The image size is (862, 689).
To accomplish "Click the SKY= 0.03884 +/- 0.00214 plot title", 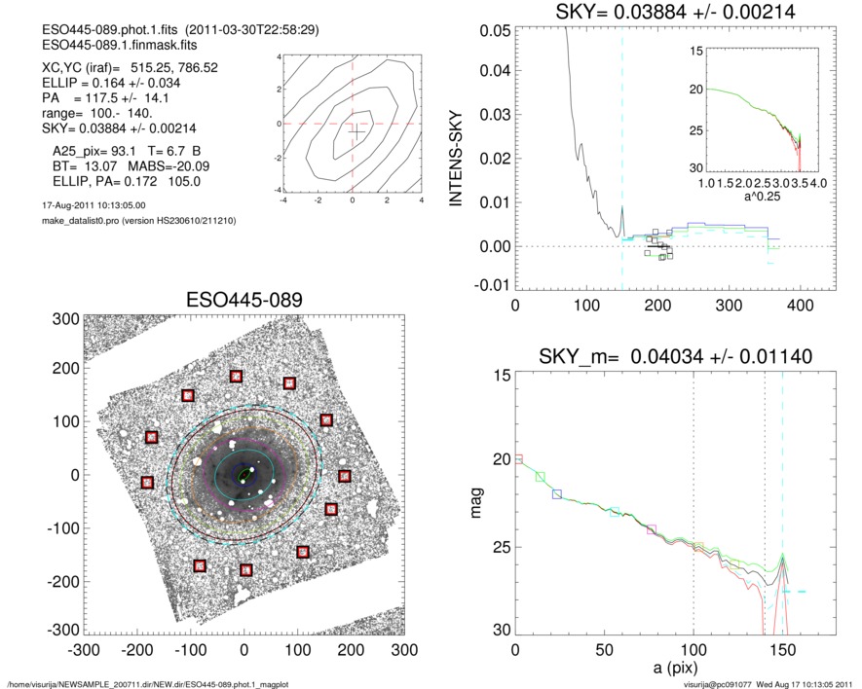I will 662,13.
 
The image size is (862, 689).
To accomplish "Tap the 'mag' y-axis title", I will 476,504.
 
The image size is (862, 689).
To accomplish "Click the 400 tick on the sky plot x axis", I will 800,305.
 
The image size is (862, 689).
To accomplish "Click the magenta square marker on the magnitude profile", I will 652,529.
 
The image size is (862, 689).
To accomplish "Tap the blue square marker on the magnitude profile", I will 557,494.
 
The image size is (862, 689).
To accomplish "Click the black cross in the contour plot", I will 357,131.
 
